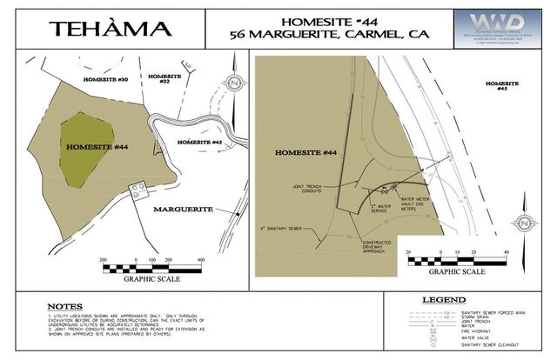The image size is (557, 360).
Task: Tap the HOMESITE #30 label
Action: [x=105, y=79]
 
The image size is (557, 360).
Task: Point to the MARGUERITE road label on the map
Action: [x=184, y=210]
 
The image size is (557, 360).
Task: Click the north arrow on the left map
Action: [x=234, y=82]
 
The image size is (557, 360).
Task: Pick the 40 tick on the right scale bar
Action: [x=506, y=252]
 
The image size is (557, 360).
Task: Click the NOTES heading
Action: [x=66, y=306]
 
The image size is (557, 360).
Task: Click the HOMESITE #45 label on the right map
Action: [x=497, y=86]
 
